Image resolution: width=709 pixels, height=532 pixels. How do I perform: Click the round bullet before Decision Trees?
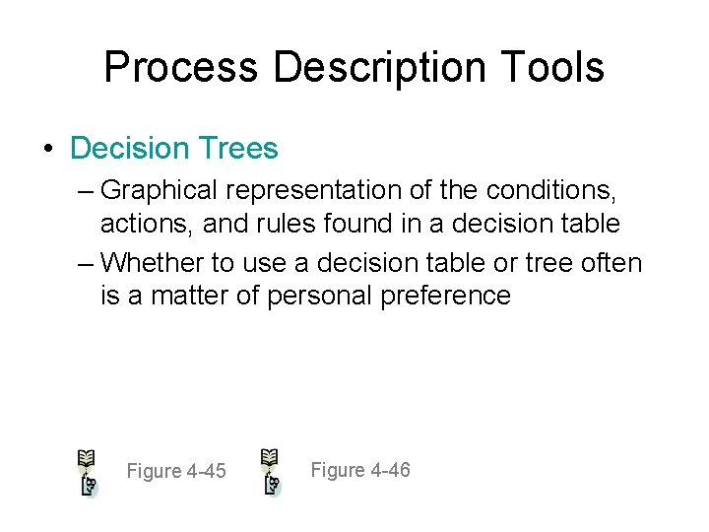47,149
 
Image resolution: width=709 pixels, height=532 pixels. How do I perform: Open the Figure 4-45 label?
176,472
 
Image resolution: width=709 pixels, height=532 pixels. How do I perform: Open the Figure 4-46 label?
360,470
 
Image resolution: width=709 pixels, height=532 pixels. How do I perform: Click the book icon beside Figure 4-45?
88,472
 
